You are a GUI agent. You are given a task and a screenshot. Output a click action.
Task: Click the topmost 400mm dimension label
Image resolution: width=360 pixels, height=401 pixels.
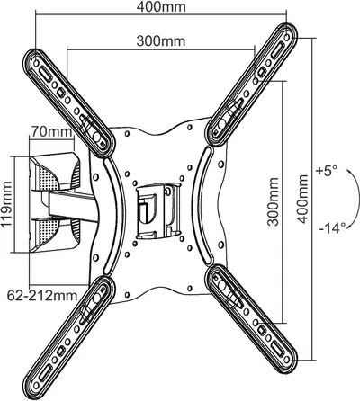(161, 6)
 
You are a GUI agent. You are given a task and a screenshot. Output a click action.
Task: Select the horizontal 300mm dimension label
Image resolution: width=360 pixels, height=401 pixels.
(161, 40)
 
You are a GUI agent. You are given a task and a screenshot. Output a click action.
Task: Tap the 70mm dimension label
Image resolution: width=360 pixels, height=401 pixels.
(51, 131)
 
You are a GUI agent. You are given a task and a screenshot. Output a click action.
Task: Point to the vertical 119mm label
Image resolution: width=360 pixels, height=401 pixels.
(6, 204)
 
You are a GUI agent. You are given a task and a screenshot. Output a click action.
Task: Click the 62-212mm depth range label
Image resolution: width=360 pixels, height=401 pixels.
(42, 296)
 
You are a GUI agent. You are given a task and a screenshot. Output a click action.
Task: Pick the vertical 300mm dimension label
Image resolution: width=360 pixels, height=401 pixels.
(273, 201)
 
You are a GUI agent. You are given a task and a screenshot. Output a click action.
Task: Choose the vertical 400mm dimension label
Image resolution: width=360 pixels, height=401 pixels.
(302, 199)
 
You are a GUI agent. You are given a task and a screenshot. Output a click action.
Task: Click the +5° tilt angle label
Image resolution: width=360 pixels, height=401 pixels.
(327, 172)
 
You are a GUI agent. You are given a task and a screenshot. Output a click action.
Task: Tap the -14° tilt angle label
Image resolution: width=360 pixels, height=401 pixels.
(332, 229)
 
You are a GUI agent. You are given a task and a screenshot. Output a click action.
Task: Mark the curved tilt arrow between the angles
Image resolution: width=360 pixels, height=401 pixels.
(358, 200)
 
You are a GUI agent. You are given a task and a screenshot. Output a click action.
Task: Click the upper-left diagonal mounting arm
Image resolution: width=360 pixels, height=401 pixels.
(69, 102)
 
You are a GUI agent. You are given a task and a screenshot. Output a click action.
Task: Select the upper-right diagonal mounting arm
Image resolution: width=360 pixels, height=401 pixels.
(251, 85)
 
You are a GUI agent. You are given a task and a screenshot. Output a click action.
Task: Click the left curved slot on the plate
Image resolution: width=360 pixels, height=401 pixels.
(114, 217)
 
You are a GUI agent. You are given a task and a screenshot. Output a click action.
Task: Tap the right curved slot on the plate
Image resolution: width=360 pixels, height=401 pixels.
(202, 206)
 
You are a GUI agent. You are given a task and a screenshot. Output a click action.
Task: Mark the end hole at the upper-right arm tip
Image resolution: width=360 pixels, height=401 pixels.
(287, 38)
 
